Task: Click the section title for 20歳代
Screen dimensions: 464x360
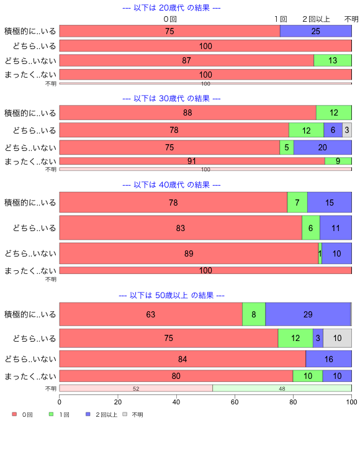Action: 171,8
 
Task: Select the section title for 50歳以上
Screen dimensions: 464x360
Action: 171,296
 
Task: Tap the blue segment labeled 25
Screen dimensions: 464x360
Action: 315,31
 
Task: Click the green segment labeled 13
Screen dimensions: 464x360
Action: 333,60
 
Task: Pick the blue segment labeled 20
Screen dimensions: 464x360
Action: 322,147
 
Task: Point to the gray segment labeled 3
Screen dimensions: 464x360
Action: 347,130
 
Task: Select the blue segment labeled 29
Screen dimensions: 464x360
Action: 308,314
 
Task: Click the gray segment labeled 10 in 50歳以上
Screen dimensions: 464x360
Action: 337,338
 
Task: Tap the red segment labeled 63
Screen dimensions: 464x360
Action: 151,314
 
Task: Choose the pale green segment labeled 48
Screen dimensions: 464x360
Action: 282,388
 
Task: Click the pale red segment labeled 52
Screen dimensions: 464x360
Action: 136,388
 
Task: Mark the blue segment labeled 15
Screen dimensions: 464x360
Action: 329,202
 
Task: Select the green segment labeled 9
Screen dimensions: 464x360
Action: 338,161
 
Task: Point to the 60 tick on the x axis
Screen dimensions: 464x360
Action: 235,402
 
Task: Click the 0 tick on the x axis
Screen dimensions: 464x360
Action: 60,402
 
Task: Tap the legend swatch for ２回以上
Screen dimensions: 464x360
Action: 88,414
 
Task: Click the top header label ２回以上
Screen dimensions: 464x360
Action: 316,19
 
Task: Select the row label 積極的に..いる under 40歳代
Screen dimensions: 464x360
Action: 30,202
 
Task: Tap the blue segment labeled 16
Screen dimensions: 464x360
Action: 328,359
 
